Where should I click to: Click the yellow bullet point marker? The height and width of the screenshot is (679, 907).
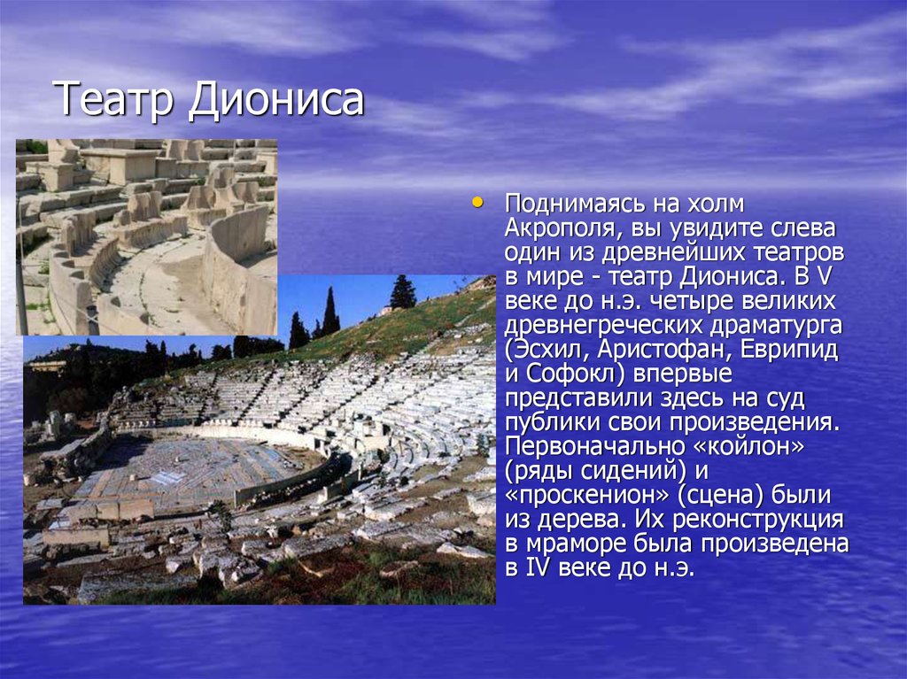[x=477, y=203]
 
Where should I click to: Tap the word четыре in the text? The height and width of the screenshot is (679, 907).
[x=687, y=301]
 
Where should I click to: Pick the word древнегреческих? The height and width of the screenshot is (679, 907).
[x=602, y=326]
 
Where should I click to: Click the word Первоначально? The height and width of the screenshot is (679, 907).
[x=594, y=447]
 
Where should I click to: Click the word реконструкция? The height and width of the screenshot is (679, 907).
[x=758, y=520]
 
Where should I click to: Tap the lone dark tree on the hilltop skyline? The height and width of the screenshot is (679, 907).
[x=403, y=291]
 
